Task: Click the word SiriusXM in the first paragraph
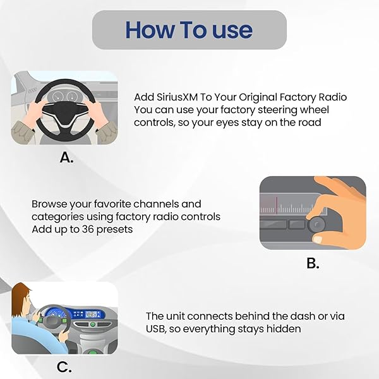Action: coord(177,97)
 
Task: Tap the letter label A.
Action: coord(66,157)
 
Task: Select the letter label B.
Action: coord(313,263)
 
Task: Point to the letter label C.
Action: coord(64,367)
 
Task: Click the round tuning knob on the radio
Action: coord(316,224)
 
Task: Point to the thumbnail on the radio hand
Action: coord(317,239)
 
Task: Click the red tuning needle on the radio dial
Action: coord(277,205)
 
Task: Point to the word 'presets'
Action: coord(114,230)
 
